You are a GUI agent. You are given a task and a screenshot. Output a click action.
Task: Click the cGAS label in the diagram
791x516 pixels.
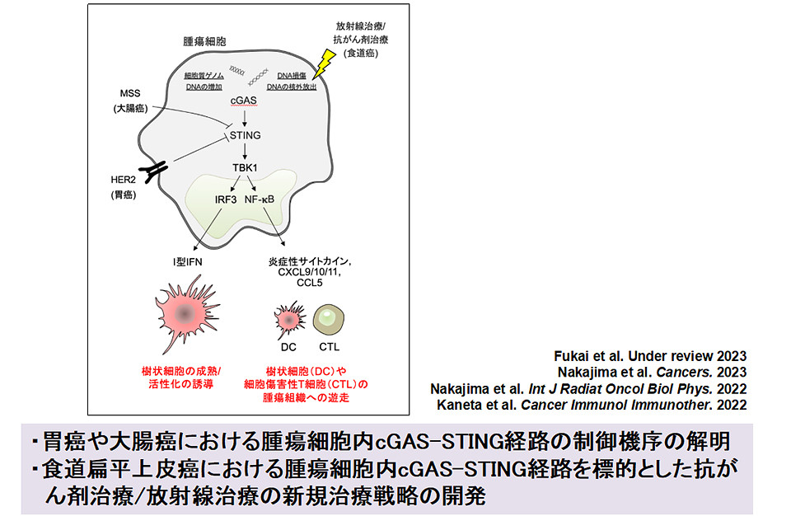(243, 101)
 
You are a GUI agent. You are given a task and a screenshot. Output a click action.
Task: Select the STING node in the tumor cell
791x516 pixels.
(244, 135)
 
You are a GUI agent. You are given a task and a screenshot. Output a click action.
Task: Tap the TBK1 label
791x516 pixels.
(244, 168)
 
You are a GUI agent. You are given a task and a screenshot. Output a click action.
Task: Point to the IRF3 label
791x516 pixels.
(221, 199)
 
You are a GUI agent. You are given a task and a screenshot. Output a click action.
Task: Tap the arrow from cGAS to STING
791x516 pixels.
(244, 118)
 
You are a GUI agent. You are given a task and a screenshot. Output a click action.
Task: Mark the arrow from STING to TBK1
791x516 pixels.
(244, 152)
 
